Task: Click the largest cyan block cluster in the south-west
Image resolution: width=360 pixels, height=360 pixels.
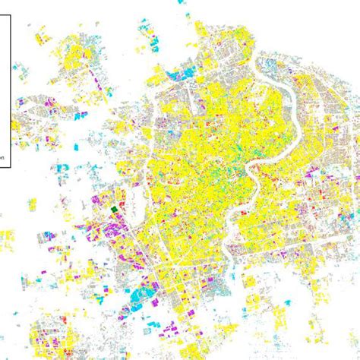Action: click(140, 295)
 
